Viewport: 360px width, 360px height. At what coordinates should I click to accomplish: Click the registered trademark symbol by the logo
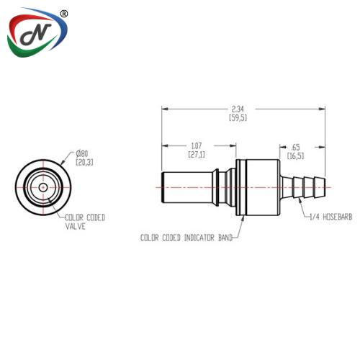pos(63,14)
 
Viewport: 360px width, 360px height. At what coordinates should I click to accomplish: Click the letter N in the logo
pos(36,34)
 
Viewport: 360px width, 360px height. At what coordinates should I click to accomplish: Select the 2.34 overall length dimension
pos(238,109)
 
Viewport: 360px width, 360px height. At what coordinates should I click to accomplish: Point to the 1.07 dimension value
pos(197,145)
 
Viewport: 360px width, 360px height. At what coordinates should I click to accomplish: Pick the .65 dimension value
pos(295,147)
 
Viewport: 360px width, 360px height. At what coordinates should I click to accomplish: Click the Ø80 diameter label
pos(82,153)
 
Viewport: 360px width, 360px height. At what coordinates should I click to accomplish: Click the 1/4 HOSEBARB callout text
pos(331,217)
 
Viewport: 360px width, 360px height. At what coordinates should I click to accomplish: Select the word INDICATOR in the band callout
pos(199,238)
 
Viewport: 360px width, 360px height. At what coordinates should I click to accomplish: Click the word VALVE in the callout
pos(76,226)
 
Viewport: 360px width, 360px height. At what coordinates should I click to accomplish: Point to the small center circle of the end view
pos(43,187)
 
